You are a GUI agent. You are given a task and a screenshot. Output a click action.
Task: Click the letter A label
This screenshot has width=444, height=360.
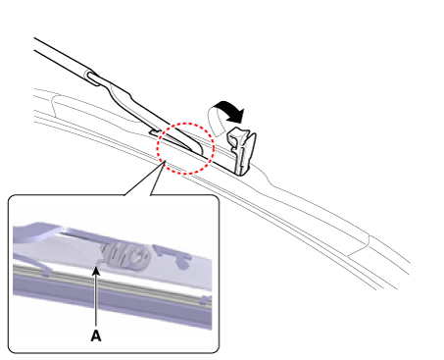96,335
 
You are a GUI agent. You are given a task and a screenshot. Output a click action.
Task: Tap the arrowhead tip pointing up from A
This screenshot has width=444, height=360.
96,267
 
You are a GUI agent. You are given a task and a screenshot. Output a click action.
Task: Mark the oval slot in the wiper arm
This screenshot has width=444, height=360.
92,78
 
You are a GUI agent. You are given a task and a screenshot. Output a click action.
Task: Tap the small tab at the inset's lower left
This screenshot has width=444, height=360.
45,270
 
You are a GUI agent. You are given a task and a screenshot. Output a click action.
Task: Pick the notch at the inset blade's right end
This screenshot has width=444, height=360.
205,299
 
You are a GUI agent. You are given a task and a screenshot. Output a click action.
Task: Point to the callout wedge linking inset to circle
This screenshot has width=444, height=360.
144,179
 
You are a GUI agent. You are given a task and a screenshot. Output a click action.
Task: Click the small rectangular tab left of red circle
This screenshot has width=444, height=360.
154,131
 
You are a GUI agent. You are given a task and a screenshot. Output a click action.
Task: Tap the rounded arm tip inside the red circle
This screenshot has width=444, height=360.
198,149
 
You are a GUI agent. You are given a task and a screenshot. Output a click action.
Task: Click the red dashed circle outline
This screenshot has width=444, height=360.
185,123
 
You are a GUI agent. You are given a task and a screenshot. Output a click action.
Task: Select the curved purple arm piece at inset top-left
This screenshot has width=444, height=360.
37,231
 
